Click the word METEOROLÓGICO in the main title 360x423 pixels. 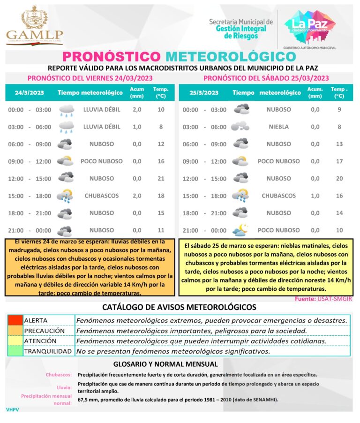[x=231, y=56]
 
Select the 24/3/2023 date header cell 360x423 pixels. [x=29, y=92]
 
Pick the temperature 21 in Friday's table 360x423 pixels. [x=161, y=178]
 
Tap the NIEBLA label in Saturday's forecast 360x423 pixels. [x=278, y=127]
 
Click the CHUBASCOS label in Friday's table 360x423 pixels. [x=102, y=196]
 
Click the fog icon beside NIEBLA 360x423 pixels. [x=240, y=127]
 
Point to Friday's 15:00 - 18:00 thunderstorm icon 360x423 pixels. [x=65, y=196]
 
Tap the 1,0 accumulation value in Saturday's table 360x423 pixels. [x=315, y=196]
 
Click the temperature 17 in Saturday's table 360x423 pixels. [x=339, y=161]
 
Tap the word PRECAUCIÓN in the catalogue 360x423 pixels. [x=45, y=331]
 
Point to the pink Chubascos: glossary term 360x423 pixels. [x=59, y=375]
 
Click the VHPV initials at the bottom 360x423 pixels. [x=13, y=409]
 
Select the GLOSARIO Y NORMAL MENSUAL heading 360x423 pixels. [x=165, y=364]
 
